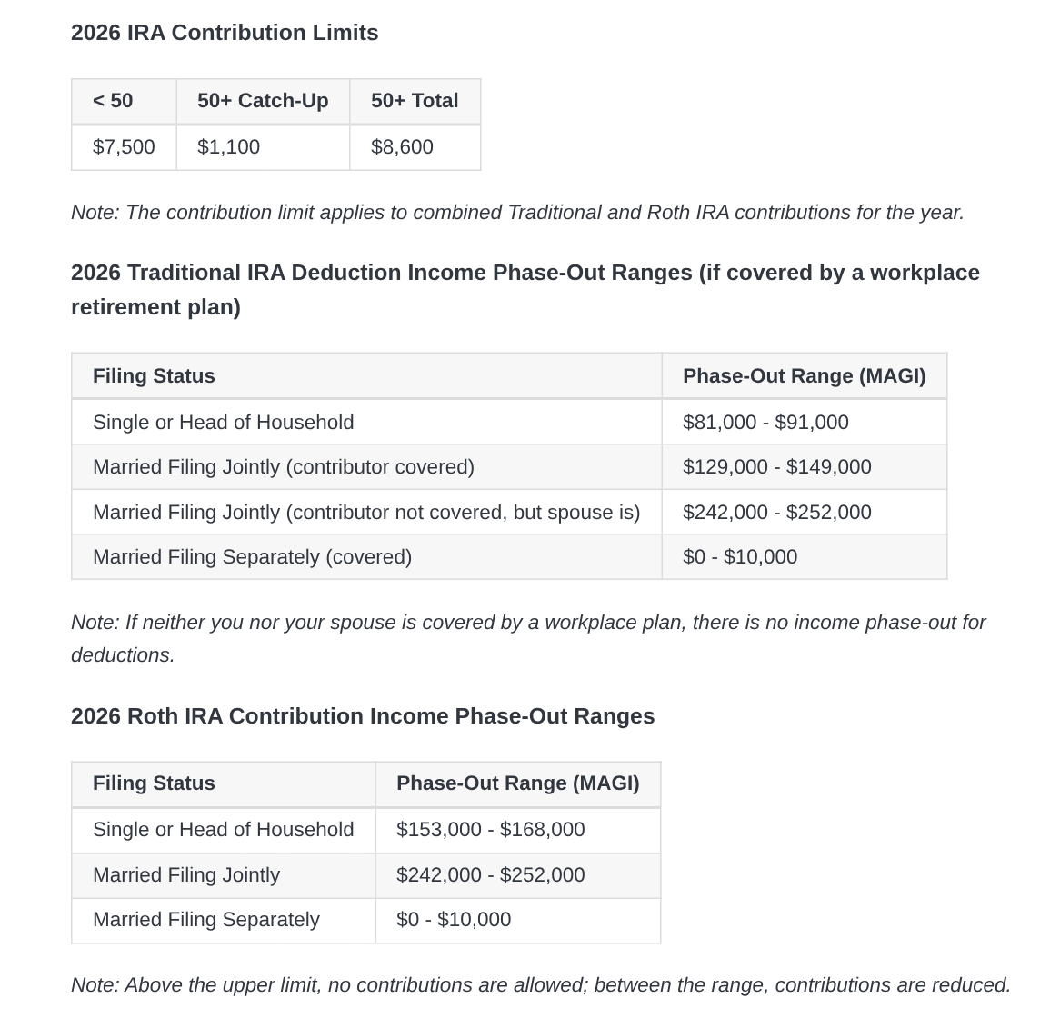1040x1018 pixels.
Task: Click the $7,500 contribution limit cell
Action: click(x=124, y=147)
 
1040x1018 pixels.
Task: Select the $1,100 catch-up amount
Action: click(x=228, y=147)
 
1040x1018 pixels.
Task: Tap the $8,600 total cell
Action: click(x=402, y=147)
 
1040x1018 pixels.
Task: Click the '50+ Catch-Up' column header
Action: click(x=263, y=101)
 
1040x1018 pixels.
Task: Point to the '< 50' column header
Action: click(x=113, y=101)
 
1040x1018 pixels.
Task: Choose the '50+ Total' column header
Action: click(x=415, y=101)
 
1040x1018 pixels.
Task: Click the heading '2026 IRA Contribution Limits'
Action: click(x=225, y=33)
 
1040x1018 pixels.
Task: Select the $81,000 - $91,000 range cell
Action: click(x=765, y=423)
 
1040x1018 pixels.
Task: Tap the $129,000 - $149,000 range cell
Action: click(x=776, y=467)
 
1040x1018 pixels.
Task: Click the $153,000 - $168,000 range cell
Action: click(x=490, y=830)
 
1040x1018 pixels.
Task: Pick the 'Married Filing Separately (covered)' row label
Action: click(x=252, y=557)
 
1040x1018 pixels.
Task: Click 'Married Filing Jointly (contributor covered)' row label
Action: click(x=284, y=467)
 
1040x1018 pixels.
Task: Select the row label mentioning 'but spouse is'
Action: click(x=366, y=513)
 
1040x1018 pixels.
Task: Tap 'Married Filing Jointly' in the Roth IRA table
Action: click(x=186, y=875)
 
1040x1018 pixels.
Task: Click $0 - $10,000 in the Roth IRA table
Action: click(x=454, y=920)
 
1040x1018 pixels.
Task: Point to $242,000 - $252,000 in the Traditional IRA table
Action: click(x=776, y=513)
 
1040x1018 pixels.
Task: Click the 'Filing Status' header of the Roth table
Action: click(x=154, y=783)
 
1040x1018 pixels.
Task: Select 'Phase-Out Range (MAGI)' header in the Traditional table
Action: click(x=804, y=376)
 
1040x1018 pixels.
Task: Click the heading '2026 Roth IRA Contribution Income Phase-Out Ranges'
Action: click(x=363, y=716)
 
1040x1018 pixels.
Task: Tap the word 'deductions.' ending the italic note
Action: click(x=123, y=655)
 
